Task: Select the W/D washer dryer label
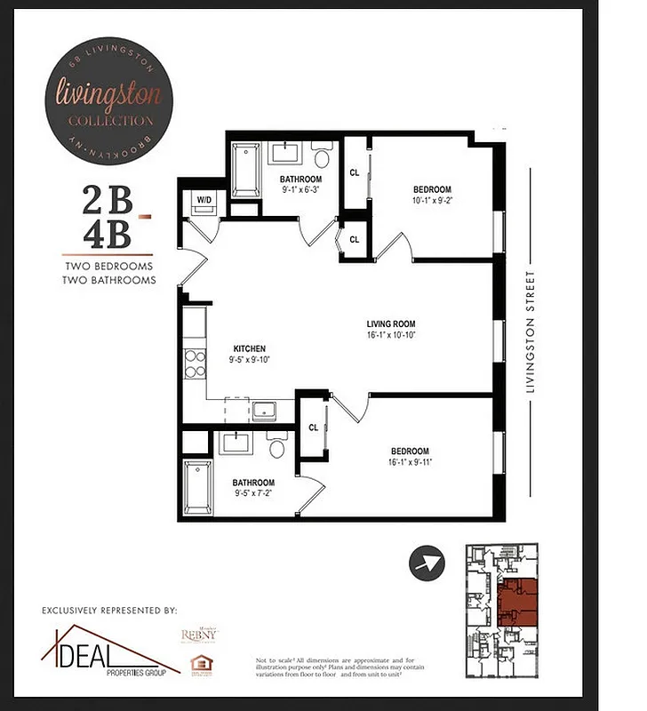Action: (204, 199)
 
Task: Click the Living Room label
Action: (391, 324)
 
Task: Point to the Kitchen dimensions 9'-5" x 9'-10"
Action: (250, 360)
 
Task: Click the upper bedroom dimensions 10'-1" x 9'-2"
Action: (432, 201)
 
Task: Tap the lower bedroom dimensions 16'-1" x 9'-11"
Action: (410, 462)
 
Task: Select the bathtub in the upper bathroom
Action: (244, 171)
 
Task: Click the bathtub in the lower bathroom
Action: (200, 486)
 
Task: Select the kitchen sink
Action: (264, 410)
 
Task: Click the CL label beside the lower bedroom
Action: (313, 427)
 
